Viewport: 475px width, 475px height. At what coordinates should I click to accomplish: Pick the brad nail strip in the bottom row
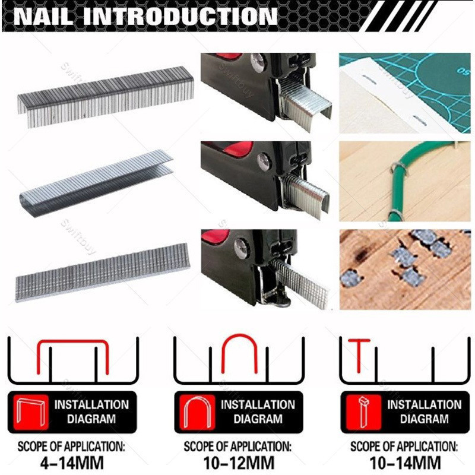pos(102,270)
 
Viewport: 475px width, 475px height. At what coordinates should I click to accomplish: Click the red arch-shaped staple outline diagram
pos(239,353)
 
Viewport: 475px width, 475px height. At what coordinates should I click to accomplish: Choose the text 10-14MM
pos(404,461)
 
